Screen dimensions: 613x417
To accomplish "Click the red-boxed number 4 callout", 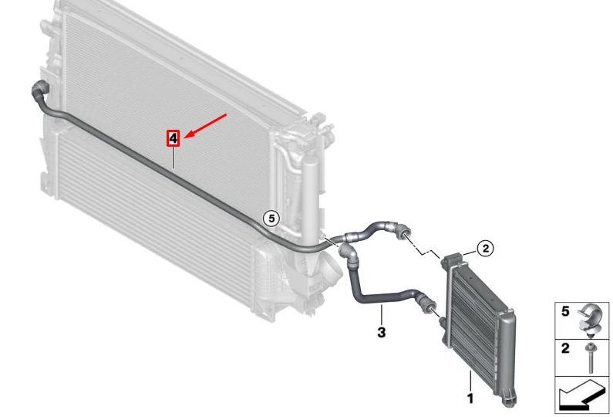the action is [x=173, y=138].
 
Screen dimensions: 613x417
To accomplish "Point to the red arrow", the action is [x=205, y=126].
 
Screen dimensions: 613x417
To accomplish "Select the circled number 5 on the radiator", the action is [x=271, y=218].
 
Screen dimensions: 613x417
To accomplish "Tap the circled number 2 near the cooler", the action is [x=486, y=248].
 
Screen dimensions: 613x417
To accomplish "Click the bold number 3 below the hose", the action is [x=381, y=332].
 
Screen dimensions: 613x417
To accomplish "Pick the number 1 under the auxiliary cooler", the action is [x=470, y=398].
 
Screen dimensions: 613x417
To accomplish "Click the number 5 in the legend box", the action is [x=565, y=311].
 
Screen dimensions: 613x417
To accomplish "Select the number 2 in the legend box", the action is [x=565, y=348].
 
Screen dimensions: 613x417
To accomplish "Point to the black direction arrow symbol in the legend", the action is [x=581, y=395].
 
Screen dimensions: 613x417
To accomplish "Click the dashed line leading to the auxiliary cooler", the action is [x=425, y=246].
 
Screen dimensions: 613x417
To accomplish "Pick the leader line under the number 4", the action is [x=173, y=158].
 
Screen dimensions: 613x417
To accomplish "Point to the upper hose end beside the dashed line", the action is [x=402, y=232].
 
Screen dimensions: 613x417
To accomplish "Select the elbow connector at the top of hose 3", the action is [x=349, y=254].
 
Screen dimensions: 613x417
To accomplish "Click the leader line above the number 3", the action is [x=382, y=314].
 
